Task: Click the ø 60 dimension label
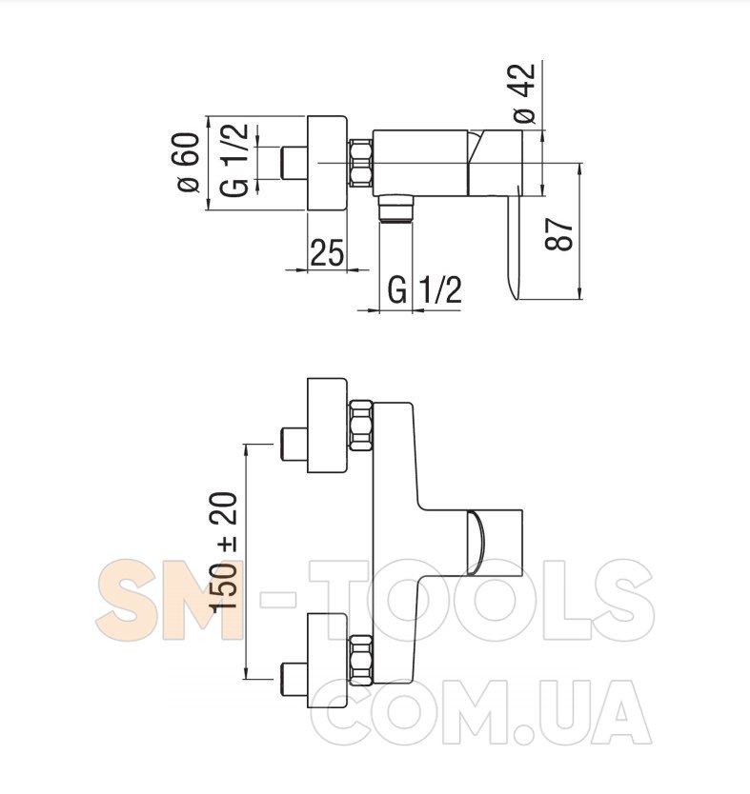[x=187, y=164]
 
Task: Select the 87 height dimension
[x=561, y=232]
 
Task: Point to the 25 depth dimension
[x=327, y=254]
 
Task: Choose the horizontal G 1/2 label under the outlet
[x=425, y=289]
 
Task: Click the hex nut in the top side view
[x=361, y=163]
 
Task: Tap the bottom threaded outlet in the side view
[x=394, y=208]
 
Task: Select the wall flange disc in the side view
[x=327, y=164]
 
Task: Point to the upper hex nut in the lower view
[x=361, y=427]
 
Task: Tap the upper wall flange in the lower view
[x=326, y=427]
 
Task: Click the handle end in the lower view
[x=499, y=543]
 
